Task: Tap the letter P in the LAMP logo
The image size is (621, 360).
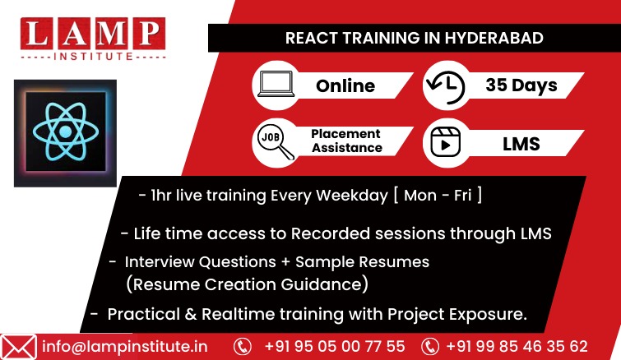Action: [150, 33]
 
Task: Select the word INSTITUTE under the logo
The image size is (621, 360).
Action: [93, 56]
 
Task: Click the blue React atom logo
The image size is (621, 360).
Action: [66, 132]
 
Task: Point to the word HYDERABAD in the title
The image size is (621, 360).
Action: [494, 38]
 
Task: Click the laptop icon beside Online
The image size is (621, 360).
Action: [276, 84]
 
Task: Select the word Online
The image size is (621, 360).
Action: [345, 85]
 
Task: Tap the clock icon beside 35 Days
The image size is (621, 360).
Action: [446, 87]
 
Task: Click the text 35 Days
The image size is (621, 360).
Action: [521, 85]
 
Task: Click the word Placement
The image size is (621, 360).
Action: [345, 134]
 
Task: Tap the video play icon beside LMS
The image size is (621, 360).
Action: [446, 142]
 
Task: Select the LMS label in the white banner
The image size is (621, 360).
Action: [521, 144]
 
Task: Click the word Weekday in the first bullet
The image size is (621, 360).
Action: [352, 196]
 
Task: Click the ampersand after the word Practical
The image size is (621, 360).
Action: [191, 314]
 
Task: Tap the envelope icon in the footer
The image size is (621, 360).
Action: [18, 347]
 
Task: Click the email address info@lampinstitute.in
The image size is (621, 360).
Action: [125, 347]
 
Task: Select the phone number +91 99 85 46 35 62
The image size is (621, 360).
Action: [517, 347]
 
